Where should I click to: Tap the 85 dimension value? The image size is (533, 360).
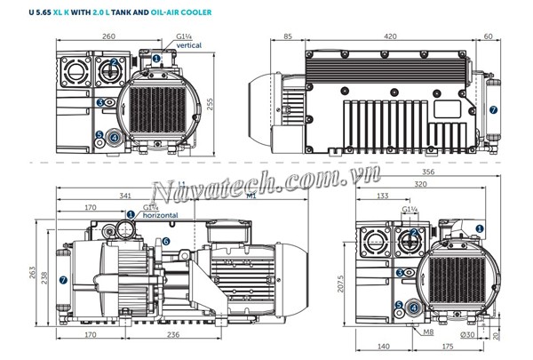[288, 37]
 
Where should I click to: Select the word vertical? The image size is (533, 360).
[190, 44]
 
